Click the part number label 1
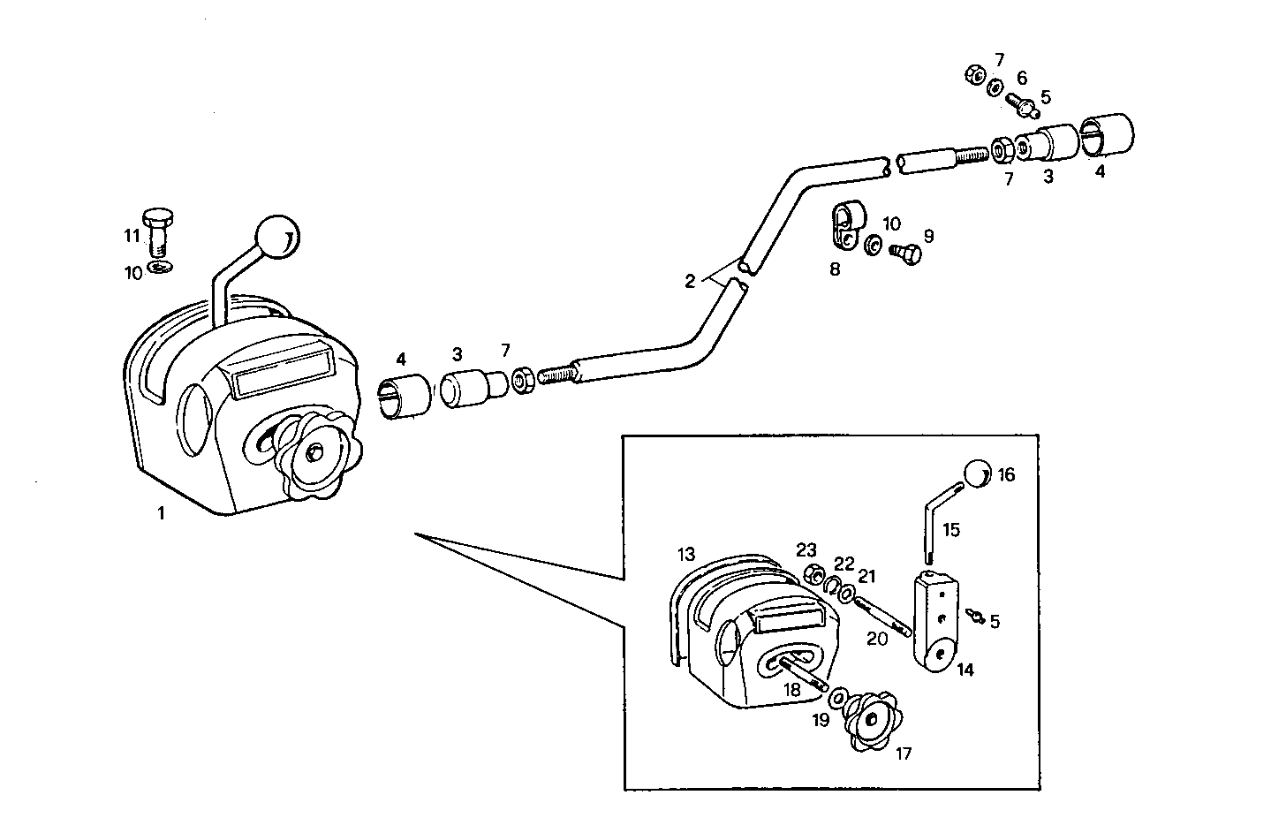(161, 511)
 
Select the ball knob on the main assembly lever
(277, 236)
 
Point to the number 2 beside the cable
(690, 282)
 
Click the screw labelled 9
(906, 253)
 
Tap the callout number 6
(1022, 79)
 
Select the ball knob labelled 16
(976, 473)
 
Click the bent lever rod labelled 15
(935, 521)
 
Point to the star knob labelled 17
(871, 718)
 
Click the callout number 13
(686, 554)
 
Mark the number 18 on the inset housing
(791, 690)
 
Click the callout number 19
(821, 720)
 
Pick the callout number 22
(844, 564)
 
